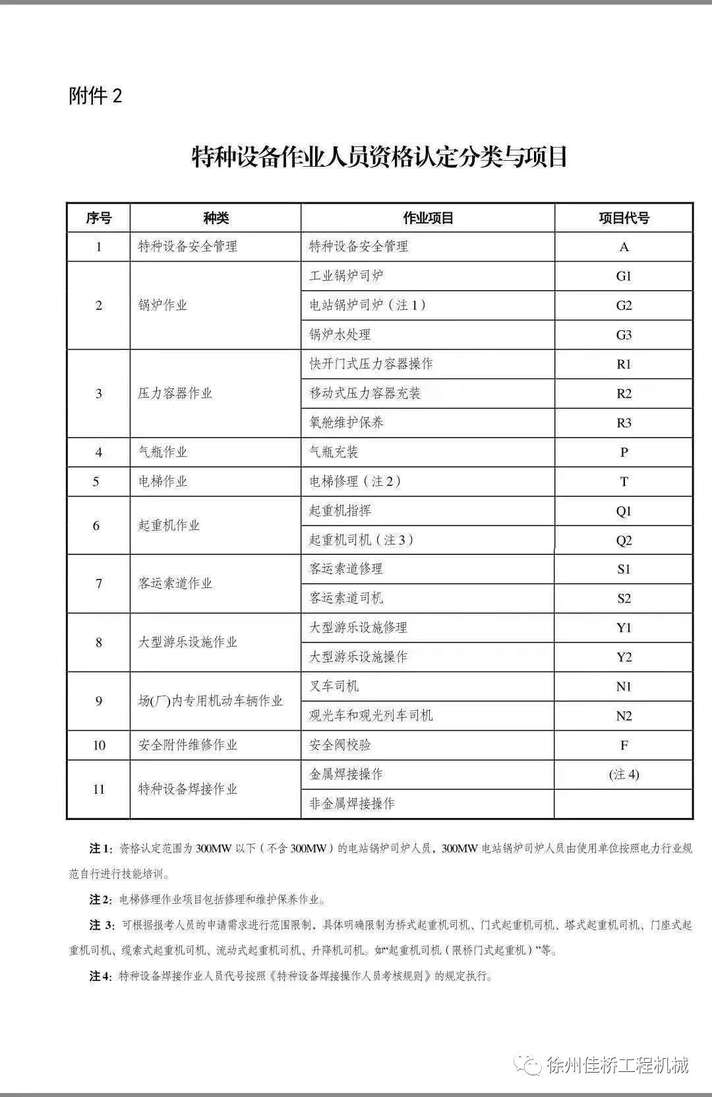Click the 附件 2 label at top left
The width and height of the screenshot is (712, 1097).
pyautogui.click(x=96, y=96)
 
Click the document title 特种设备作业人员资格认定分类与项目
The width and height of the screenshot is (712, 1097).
pyautogui.click(x=379, y=158)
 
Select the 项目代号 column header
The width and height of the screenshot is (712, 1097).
pyautogui.click(x=624, y=218)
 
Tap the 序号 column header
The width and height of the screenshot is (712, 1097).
pyautogui.click(x=99, y=218)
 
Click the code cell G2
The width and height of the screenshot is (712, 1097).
pyautogui.click(x=624, y=305)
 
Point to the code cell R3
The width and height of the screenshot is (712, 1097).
pyautogui.click(x=624, y=423)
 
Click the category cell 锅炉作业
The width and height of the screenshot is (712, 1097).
pyautogui.click(x=163, y=305)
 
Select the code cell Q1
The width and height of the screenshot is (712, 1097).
pyautogui.click(x=624, y=511)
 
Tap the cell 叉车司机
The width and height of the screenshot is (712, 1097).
pyautogui.click(x=334, y=686)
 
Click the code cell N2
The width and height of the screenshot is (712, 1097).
pyautogui.click(x=624, y=716)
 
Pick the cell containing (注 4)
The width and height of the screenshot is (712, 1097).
pyautogui.click(x=624, y=775)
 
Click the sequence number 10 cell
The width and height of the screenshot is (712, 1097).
pyautogui.click(x=99, y=746)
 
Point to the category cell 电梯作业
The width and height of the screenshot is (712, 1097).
pyautogui.click(x=163, y=481)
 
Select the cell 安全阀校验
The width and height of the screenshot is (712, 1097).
pyautogui.click(x=340, y=746)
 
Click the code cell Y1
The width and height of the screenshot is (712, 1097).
pyautogui.click(x=624, y=628)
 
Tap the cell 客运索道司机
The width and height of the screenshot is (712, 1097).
pyautogui.click(x=346, y=599)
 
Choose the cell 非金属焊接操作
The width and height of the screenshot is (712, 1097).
pyautogui.click(x=352, y=804)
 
